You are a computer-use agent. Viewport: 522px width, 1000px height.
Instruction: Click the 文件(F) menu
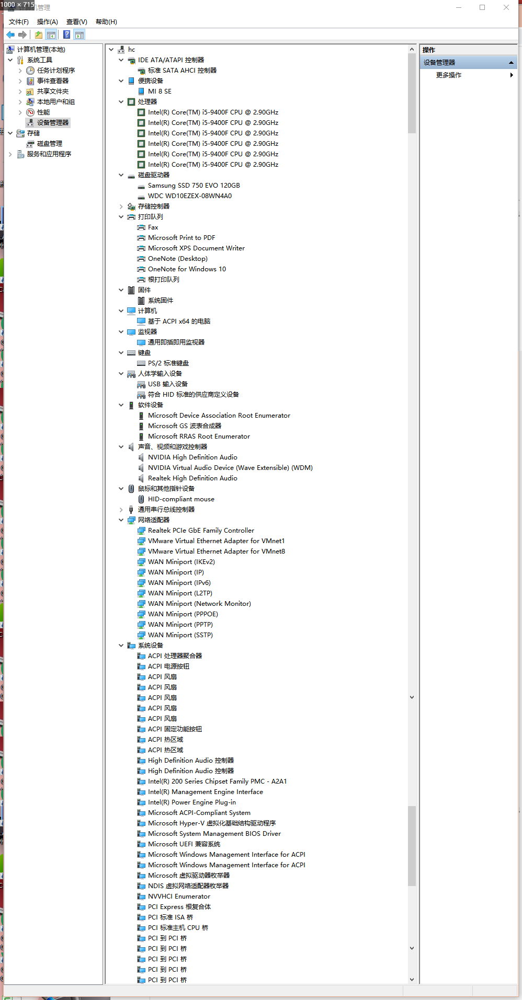pos(19,22)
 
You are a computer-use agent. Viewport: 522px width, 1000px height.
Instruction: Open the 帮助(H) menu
pos(106,22)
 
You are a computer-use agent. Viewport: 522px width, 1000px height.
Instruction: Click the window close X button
pos(506,7)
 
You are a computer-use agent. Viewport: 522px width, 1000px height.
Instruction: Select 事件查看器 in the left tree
pos(53,81)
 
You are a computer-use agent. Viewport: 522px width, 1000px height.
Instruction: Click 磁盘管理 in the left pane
pos(50,144)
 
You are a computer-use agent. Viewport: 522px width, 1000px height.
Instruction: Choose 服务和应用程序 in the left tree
pos(49,154)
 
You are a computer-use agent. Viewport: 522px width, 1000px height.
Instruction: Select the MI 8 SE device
pos(160,91)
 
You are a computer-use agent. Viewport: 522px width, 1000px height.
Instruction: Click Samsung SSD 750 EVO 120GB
pos(194,186)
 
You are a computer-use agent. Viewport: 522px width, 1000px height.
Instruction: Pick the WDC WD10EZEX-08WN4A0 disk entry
pos(190,196)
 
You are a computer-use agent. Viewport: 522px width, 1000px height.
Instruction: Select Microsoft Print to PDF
pos(181,238)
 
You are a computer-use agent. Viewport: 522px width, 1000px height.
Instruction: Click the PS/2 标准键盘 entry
pos(168,363)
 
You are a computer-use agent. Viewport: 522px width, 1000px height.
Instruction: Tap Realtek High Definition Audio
pos(192,478)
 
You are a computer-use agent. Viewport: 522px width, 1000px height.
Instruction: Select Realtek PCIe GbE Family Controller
pos(201,531)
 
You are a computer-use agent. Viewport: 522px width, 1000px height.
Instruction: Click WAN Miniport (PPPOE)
pos(183,614)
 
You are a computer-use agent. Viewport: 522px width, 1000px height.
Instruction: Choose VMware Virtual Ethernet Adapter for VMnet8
pos(217,551)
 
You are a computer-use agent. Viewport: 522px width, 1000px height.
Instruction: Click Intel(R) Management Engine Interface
pos(206,792)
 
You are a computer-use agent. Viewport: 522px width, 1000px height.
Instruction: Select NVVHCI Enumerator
pos(179,896)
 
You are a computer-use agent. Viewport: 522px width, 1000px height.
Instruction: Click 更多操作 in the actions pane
pos(449,75)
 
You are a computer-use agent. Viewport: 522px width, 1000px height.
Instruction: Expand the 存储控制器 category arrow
pos(121,206)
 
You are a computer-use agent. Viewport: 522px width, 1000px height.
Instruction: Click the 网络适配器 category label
pos(154,520)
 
